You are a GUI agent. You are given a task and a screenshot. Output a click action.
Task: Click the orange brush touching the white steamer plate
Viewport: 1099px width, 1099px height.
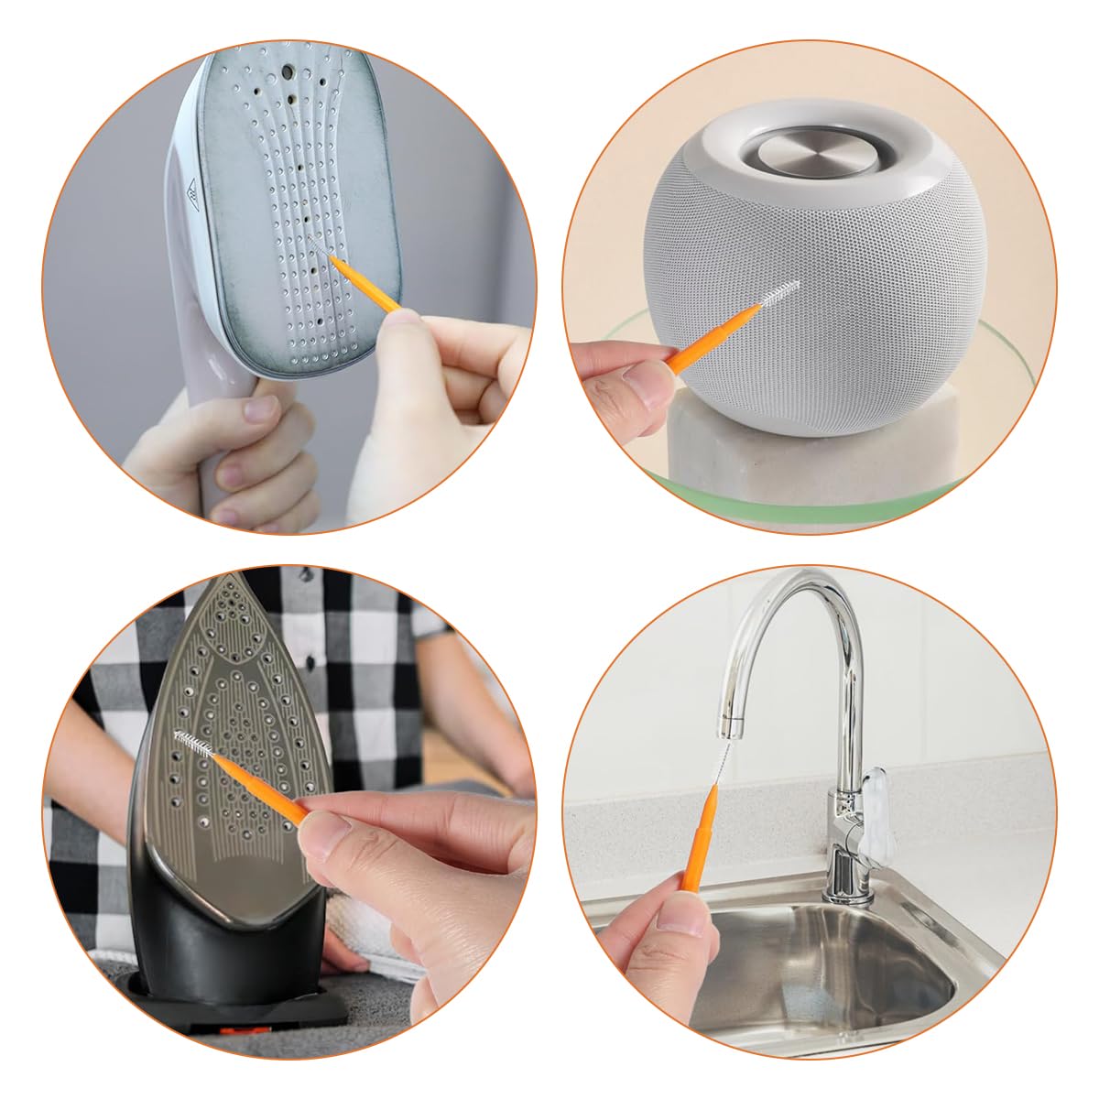pyautogui.click(x=366, y=284)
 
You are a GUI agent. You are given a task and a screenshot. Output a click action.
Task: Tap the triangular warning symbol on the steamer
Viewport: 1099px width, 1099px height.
pyautogui.click(x=193, y=193)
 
